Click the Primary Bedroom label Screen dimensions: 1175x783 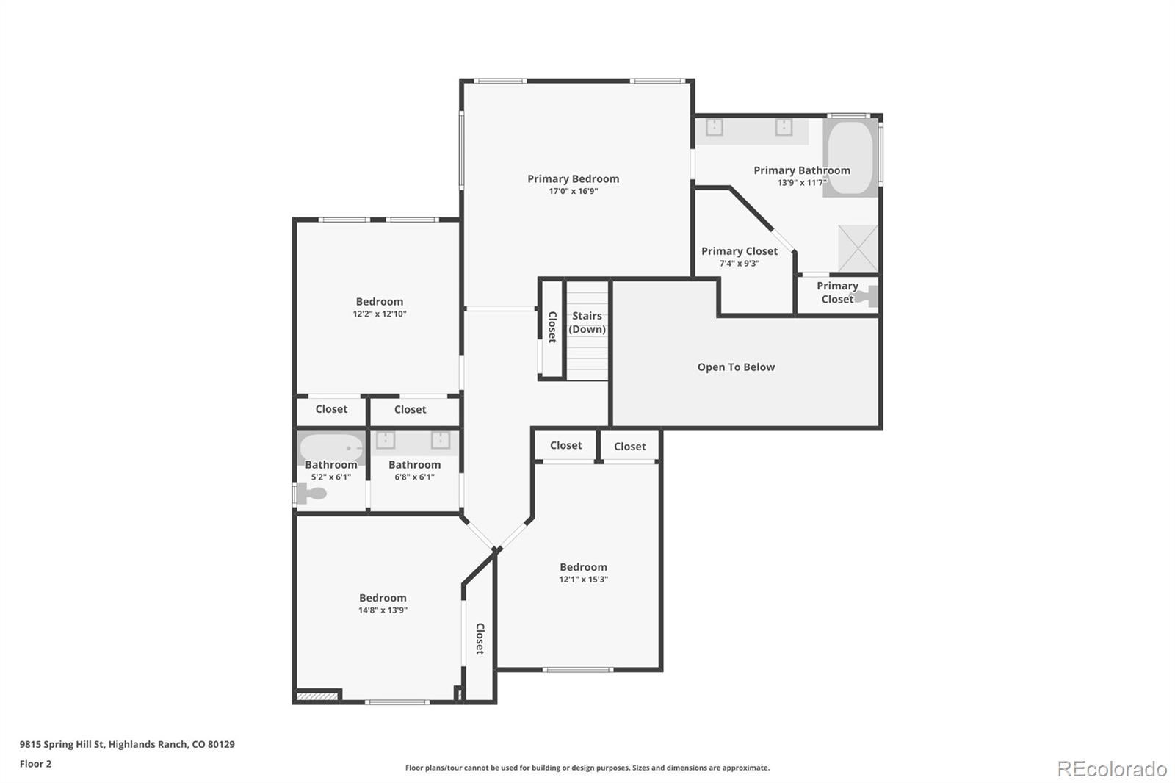(x=574, y=179)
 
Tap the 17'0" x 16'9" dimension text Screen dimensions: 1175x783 (x=574, y=191)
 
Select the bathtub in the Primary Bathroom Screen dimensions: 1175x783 (x=850, y=157)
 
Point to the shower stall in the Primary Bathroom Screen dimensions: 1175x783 (x=858, y=248)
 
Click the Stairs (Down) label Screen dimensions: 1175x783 (x=587, y=322)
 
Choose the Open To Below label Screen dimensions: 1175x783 (x=736, y=367)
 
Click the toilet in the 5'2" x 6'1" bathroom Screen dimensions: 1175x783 (x=313, y=494)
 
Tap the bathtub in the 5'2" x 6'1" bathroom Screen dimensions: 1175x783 (x=331, y=448)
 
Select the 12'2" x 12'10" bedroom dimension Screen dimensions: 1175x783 (x=379, y=314)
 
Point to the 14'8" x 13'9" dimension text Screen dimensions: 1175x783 (x=383, y=610)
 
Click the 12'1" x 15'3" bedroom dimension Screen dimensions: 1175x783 (x=583, y=580)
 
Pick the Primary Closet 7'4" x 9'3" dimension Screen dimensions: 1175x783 (x=740, y=264)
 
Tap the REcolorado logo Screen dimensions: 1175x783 (x=1112, y=769)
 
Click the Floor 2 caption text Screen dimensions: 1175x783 (x=36, y=764)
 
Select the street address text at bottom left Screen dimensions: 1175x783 (x=128, y=744)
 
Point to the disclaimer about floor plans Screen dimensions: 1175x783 (x=587, y=768)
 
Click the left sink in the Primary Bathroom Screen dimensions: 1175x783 (x=715, y=127)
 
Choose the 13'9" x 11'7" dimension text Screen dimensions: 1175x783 (x=802, y=183)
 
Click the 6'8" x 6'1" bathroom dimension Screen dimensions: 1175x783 (x=414, y=477)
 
